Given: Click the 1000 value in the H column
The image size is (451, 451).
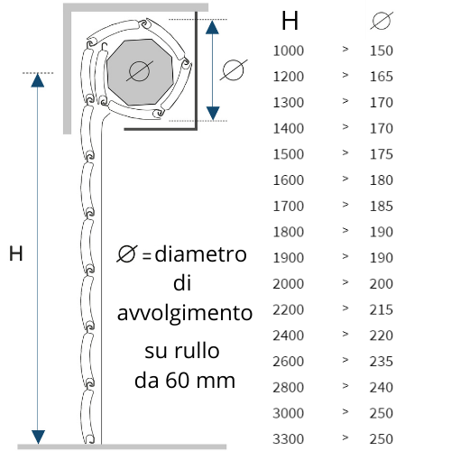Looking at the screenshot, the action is tap(289, 51).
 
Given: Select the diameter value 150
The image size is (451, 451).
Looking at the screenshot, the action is tap(382, 51).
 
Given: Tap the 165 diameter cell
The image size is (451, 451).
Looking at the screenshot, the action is tap(382, 77).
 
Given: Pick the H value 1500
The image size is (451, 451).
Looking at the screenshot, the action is tap(289, 154).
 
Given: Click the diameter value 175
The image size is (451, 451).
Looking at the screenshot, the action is tap(382, 154).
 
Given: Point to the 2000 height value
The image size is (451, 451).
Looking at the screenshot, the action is tap(289, 284).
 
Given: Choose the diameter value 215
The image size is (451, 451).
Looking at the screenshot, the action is tap(382, 309).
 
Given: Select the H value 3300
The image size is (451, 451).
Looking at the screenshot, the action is tap(289, 439).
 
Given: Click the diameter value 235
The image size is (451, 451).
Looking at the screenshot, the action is tap(382, 362).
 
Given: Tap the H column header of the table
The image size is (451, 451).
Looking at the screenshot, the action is tap(290, 21).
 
